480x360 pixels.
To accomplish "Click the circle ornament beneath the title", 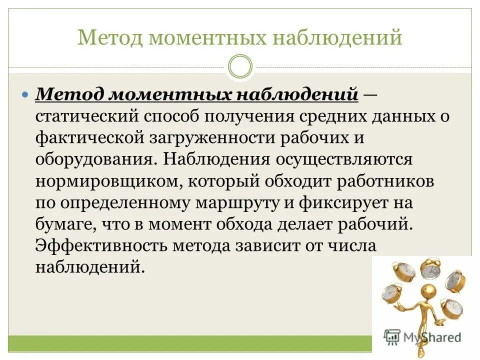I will (x=240, y=66).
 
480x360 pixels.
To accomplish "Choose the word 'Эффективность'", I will (x=101, y=247).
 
